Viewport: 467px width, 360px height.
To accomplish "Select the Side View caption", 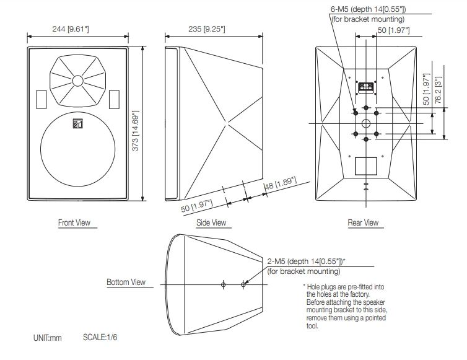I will (x=211, y=222).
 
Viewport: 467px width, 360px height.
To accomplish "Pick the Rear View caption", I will (x=363, y=222).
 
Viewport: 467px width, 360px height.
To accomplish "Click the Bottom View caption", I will (x=126, y=283).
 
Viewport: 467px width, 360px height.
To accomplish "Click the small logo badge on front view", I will (x=77, y=123).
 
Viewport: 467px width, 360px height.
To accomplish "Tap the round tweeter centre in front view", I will (x=77, y=81).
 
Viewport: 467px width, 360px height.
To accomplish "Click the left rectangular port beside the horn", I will (x=41, y=98).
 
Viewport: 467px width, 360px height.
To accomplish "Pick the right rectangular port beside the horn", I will (x=114, y=98).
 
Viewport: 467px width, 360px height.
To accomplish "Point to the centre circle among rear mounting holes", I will (x=367, y=123).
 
